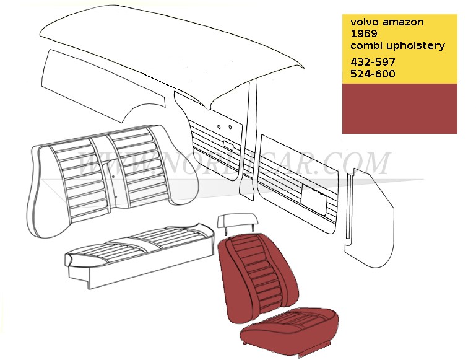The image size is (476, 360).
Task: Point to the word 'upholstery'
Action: pyautogui.click(x=415, y=46)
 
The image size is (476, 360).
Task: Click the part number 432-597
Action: pyautogui.click(x=373, y=63)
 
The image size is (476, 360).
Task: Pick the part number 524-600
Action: pyautogui.click(x=373, y=74)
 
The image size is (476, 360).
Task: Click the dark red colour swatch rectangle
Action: pyautogui.click(x=399, y=108)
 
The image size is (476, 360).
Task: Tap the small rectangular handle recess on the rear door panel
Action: pyautogui.click(x=228, y=146)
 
